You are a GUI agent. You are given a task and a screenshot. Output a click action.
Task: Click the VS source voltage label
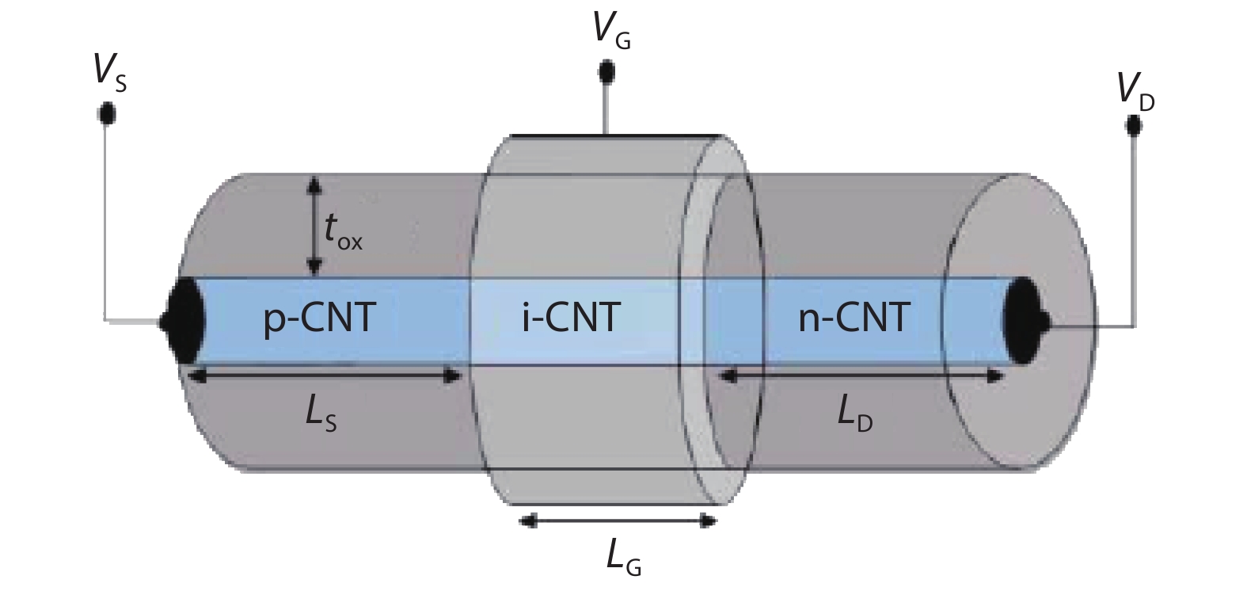109,73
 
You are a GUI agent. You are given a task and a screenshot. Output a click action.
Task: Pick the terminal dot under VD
1135,125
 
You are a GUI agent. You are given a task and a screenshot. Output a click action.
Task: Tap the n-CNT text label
853,318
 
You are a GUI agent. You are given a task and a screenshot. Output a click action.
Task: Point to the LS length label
321,417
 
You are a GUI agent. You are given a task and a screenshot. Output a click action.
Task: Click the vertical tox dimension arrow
315,226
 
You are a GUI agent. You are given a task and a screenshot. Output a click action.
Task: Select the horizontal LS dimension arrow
325,376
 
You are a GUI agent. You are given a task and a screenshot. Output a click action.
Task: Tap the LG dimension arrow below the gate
618,520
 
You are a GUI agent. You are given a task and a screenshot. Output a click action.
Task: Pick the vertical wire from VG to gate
606,107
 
